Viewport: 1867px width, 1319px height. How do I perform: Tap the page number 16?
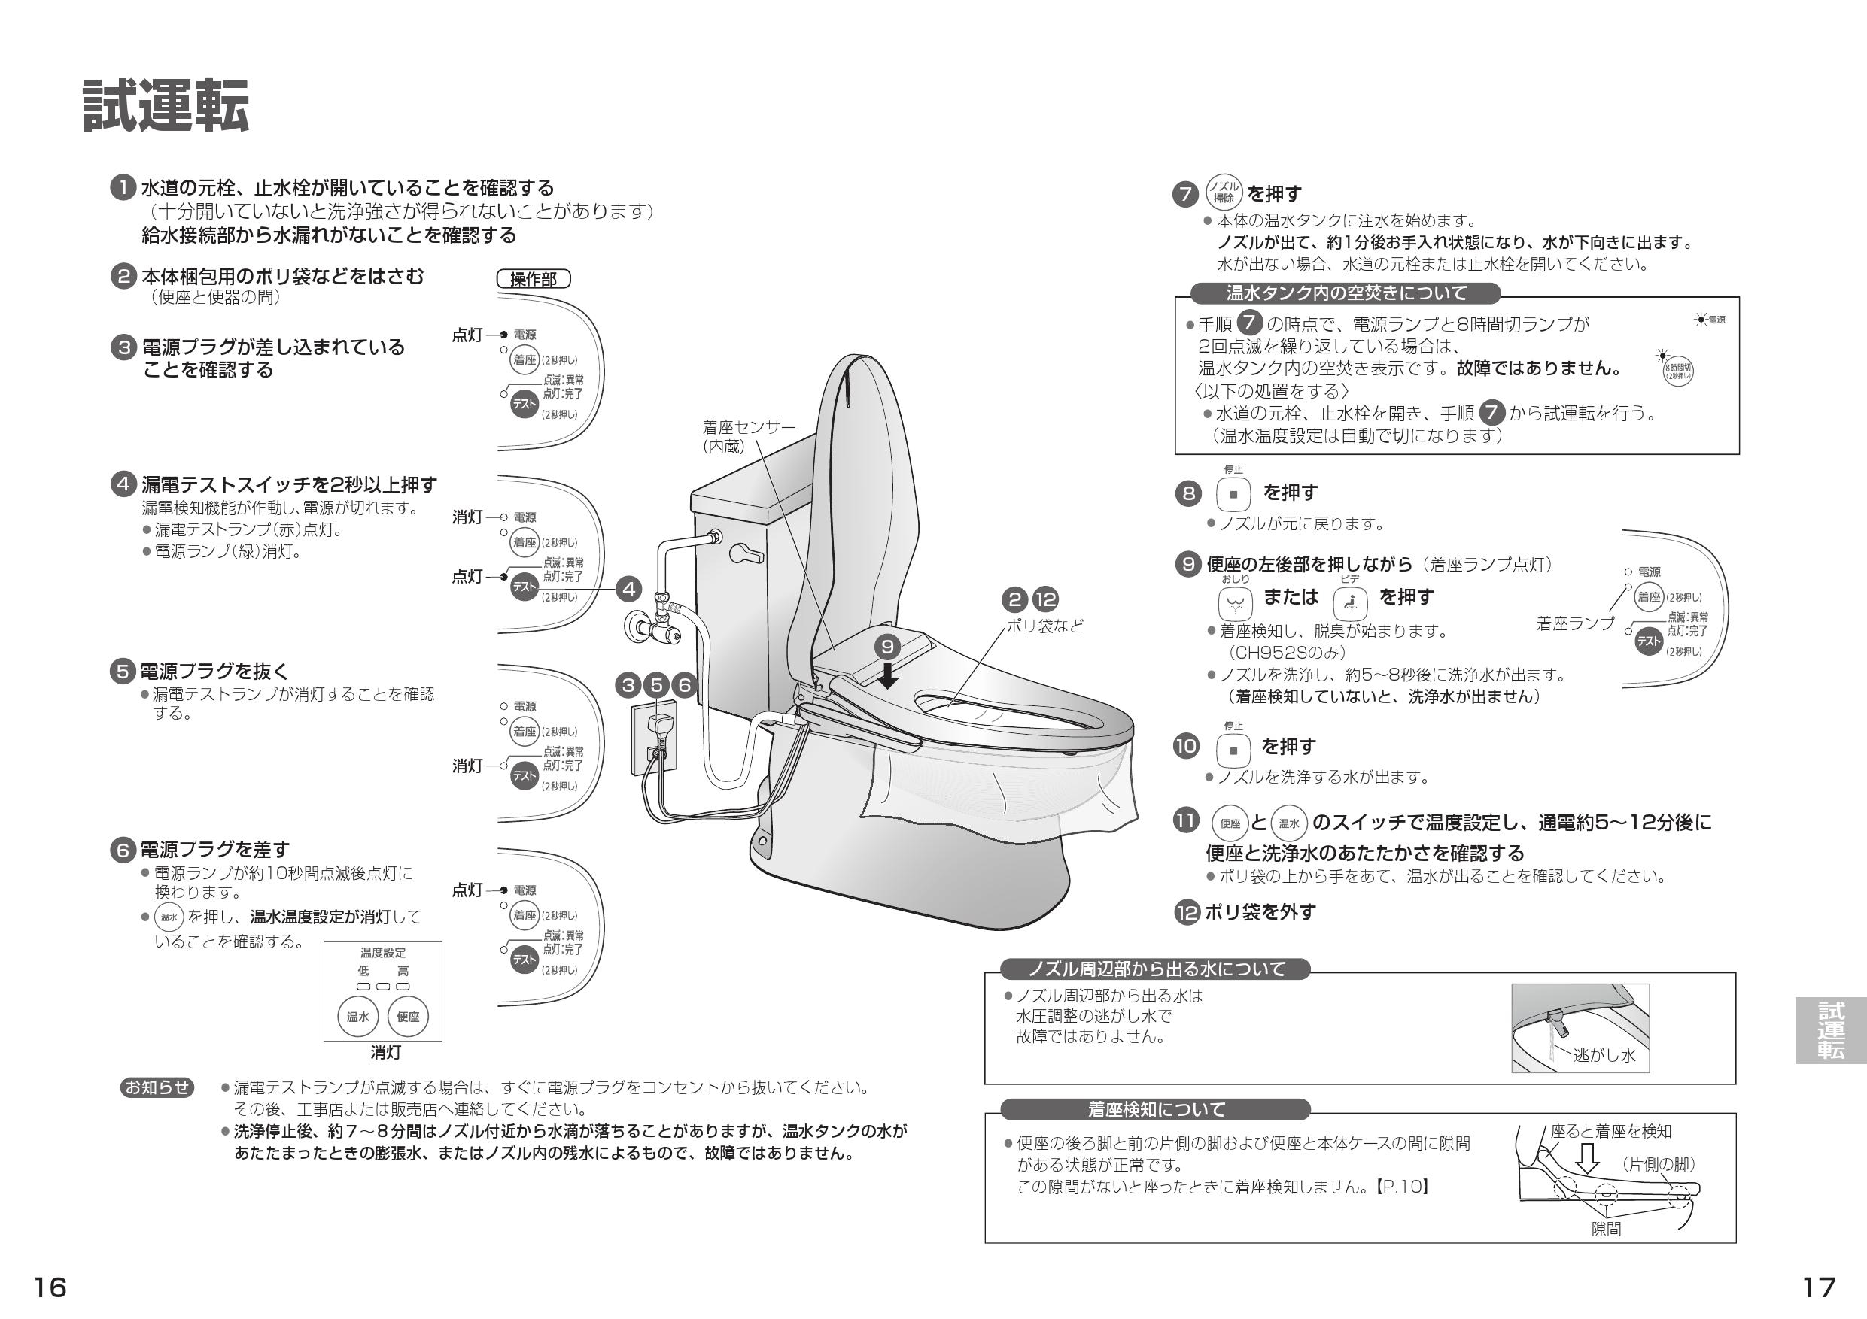[x=50, y=1287]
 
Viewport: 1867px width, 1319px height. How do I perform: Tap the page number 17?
[x=1819, y=1287]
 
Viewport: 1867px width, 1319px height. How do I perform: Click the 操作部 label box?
[x=534, y=280]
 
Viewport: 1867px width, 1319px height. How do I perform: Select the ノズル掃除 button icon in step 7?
[x=1223, y=193]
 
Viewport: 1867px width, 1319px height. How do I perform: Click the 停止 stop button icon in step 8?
[x=1233, y=493]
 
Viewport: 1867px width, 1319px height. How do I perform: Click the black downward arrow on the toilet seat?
[x=888, y=676]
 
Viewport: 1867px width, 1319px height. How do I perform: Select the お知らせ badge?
[x=158, y=1087]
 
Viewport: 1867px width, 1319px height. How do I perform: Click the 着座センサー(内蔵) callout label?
[x=748, y=436]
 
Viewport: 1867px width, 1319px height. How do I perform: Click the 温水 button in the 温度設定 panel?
[x=357, y=1017]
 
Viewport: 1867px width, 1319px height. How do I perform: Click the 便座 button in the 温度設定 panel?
[x=408, y=1017]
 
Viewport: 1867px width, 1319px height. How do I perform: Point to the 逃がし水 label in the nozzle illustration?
[x=1604, y=1055]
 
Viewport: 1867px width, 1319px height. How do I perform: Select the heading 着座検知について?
[x=1155, y=1109]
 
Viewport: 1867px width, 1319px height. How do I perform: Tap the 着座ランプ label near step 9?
[x=1575, y=623]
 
